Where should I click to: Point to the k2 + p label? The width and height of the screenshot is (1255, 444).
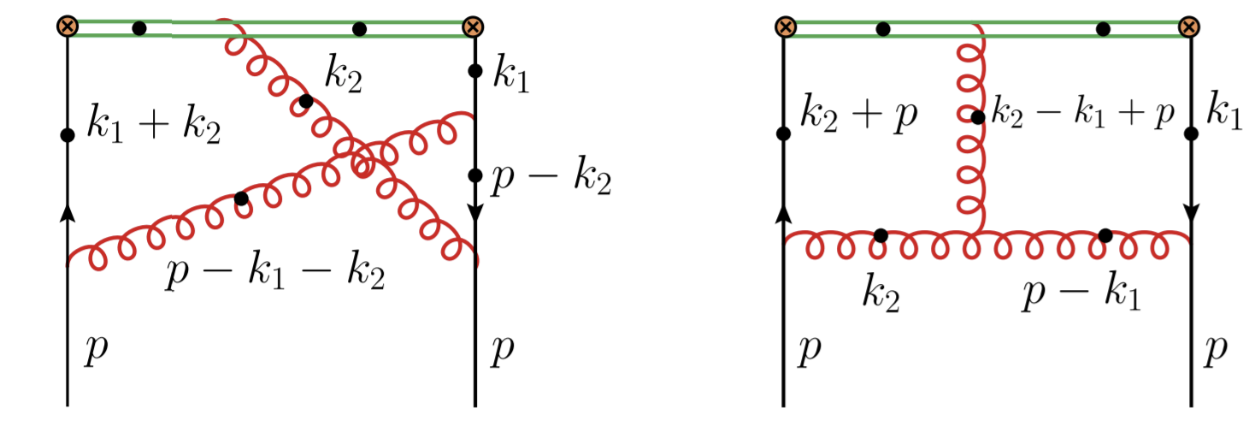[x=858, y=115]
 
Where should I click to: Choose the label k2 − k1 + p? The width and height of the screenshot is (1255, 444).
[x=1082, y=113]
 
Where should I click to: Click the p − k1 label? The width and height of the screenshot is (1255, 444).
[x=1081, y=293]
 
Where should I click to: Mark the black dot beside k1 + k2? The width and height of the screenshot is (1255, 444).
[x=68, y=135]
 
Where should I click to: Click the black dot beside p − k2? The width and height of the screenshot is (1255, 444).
[x=475, y=175]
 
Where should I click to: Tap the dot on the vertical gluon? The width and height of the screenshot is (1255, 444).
[x=978, y=118]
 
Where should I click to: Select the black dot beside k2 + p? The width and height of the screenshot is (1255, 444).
[x=783, y=134]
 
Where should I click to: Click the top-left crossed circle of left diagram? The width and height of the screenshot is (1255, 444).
[x=68, y=27]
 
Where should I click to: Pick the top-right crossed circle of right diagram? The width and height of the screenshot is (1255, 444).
[x=1189, y=27]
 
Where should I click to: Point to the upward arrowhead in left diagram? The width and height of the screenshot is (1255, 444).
[x=68, y=214]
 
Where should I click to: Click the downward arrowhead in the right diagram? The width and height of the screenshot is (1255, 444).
[x=1191, y=212]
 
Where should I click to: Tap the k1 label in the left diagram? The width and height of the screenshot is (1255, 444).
[x=510, y=74]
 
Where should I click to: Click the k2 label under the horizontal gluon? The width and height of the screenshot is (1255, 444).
[x=881, y=293]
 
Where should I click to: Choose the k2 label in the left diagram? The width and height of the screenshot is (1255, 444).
[x=344, y=74]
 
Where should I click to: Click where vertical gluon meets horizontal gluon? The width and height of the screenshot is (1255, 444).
[x=978, y=233]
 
